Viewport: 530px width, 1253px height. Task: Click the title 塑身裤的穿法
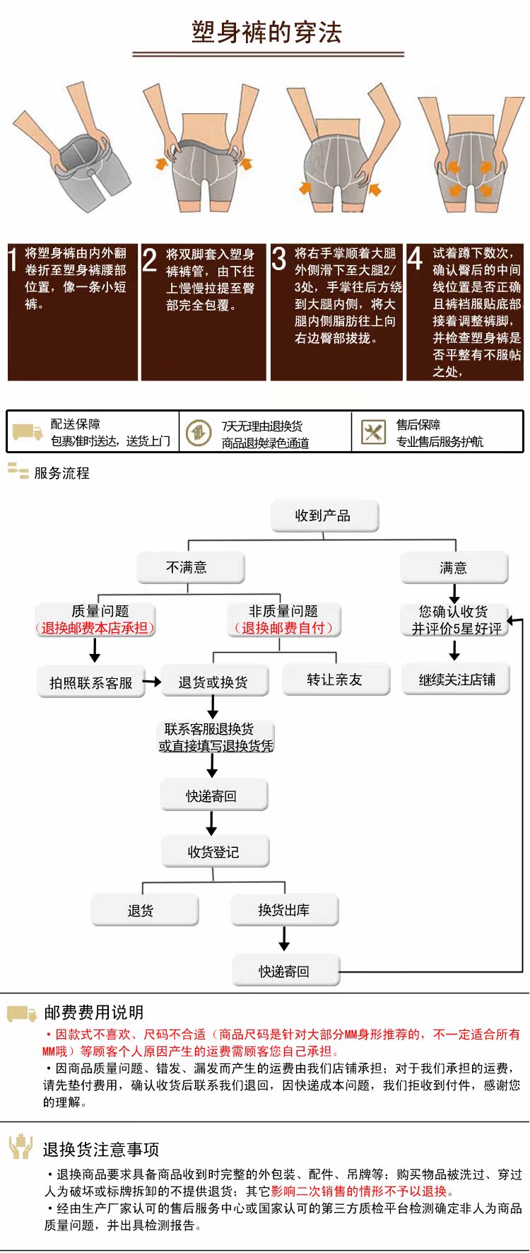click(267, 32)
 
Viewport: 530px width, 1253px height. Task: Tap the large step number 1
click(13, 260)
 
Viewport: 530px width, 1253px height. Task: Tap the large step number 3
click(279, 259)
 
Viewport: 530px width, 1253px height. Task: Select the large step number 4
click(416, 259)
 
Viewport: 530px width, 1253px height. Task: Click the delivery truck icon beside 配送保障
click(28, 432)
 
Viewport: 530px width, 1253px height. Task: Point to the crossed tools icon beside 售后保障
click(373, 431)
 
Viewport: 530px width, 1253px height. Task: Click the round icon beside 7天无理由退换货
click(199, 432)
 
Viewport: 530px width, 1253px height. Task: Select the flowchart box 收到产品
click(325, 516)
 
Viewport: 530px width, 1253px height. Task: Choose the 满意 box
click(454, 568)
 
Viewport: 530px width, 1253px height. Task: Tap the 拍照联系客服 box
click(91, 682)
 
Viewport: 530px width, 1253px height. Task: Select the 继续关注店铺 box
click(456, 680)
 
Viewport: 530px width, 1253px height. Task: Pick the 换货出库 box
click(285, 910)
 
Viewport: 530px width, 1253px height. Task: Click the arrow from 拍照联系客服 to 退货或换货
click(153, 682)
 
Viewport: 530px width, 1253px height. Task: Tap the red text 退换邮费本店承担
click(95, 628)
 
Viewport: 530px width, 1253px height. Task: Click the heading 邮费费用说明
click(93, 1013)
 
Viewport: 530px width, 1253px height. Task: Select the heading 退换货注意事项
click(100, 1149)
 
